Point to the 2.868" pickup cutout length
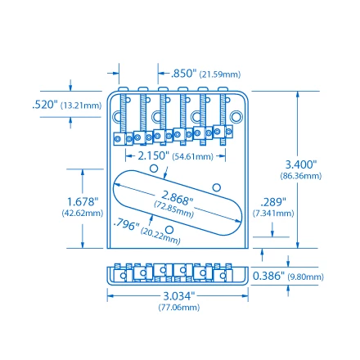[x=176, y=197]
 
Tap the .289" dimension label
[x=272, y=201]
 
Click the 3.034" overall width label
[x=178, y=295]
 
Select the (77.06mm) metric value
[x=178, y=307]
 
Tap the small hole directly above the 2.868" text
[x=153, y=168]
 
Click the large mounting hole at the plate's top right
[x=236, y=119]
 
